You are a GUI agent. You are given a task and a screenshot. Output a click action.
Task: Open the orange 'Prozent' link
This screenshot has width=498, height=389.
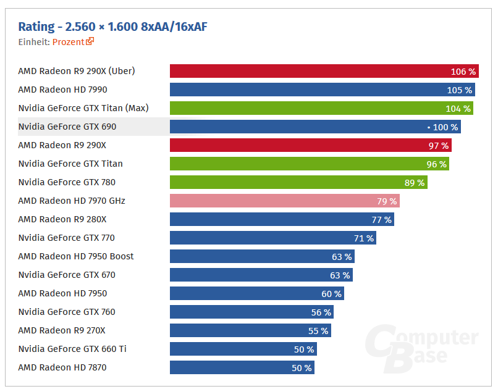69,42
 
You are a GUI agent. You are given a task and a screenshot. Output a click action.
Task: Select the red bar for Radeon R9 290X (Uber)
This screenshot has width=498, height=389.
309,72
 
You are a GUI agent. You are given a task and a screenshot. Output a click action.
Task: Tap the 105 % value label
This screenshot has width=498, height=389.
459,90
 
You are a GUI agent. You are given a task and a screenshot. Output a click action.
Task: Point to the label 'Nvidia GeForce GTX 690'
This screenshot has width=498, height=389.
67,127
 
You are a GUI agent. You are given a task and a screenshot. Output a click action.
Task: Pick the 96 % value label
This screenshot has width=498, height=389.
436,164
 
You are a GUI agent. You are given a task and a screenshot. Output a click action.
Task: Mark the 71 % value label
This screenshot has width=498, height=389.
363,238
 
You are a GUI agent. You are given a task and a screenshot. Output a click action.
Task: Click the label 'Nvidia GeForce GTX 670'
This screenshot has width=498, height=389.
67,275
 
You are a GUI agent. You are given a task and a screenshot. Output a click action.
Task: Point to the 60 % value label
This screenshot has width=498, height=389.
331,294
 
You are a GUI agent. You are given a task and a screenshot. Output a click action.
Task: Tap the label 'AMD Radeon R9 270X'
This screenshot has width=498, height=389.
62,330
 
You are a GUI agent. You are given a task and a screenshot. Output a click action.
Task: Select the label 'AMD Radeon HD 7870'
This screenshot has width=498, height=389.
63,367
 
